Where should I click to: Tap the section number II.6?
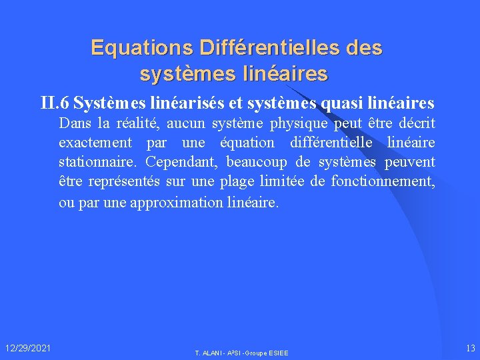coord(55,103)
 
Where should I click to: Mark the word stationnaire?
coord(99,162)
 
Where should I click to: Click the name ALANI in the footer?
coord(213,352)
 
